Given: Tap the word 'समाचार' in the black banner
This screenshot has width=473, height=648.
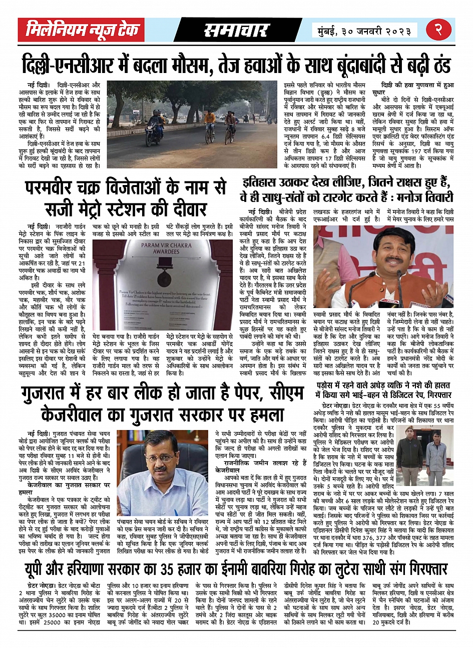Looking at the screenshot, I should pyautogui.click(x=236, y=30).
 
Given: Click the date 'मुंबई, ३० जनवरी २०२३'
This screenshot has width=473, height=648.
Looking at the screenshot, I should pyautogui.click(x=363, y=31).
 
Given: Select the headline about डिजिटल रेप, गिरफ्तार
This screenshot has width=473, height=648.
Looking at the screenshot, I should pyautogui.click(x=383, y=390).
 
